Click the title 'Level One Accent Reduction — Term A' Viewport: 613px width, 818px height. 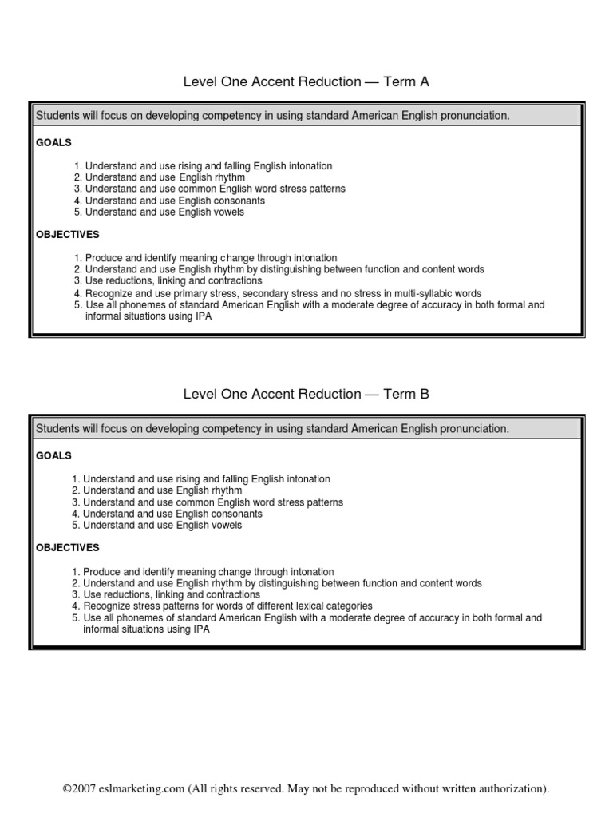(x=306, y=81)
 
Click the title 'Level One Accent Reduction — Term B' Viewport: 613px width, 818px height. (x=306, y=394)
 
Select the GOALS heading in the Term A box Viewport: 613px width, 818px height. (x=53, y=142)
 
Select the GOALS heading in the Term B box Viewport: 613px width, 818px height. (x=53, y=455)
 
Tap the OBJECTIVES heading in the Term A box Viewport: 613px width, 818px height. (x=68, y=235)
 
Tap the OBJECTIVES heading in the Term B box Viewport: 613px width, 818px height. (x=68, y=548)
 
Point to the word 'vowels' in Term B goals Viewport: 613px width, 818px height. (x=226, y=526)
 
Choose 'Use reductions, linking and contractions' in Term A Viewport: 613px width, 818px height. (x=173, y=281)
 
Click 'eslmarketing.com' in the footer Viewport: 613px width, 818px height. (x=140, y=788)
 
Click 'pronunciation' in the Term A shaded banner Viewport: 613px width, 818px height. (x=470, y=116)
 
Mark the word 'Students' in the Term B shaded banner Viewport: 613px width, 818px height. (x=57, y=429)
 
